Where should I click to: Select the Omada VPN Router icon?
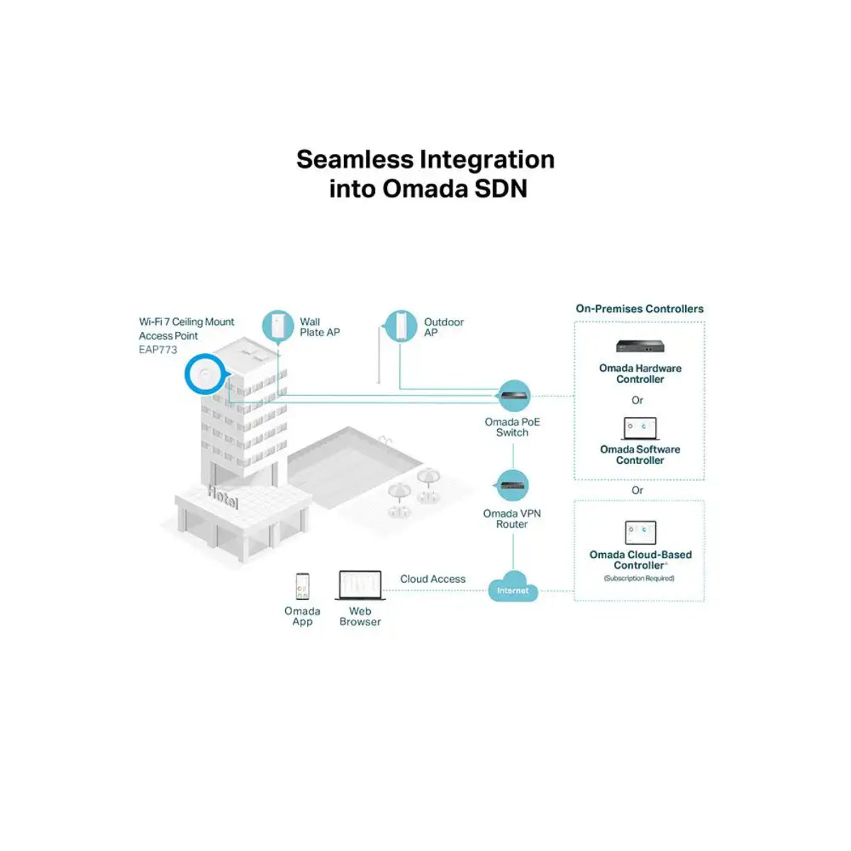click(512, 486)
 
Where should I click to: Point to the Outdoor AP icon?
click(401, 326)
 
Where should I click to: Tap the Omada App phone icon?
click(303, 586)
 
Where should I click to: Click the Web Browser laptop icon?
click(360, 586)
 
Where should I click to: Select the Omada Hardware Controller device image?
click(640, 347)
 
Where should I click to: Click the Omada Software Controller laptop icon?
click(640, 428)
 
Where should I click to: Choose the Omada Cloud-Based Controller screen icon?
click(640, 533)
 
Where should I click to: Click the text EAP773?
click(158, 350)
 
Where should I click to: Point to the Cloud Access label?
click(433, 579)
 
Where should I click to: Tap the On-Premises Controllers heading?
click(640, 308)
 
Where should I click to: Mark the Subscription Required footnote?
click(639, 579)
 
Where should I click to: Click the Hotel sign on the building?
click(223, 498)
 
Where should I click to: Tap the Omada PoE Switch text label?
click(512, 427)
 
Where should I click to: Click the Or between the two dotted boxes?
click(638, 490)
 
